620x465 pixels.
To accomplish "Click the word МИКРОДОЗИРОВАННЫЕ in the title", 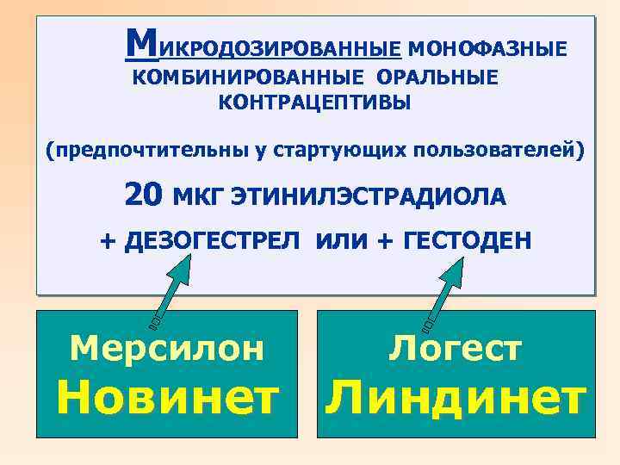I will [263, 46].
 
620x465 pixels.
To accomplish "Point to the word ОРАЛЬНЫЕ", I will [437, 78].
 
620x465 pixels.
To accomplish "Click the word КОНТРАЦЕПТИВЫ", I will [315, 103].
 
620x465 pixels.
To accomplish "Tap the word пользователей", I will [496, 152].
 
